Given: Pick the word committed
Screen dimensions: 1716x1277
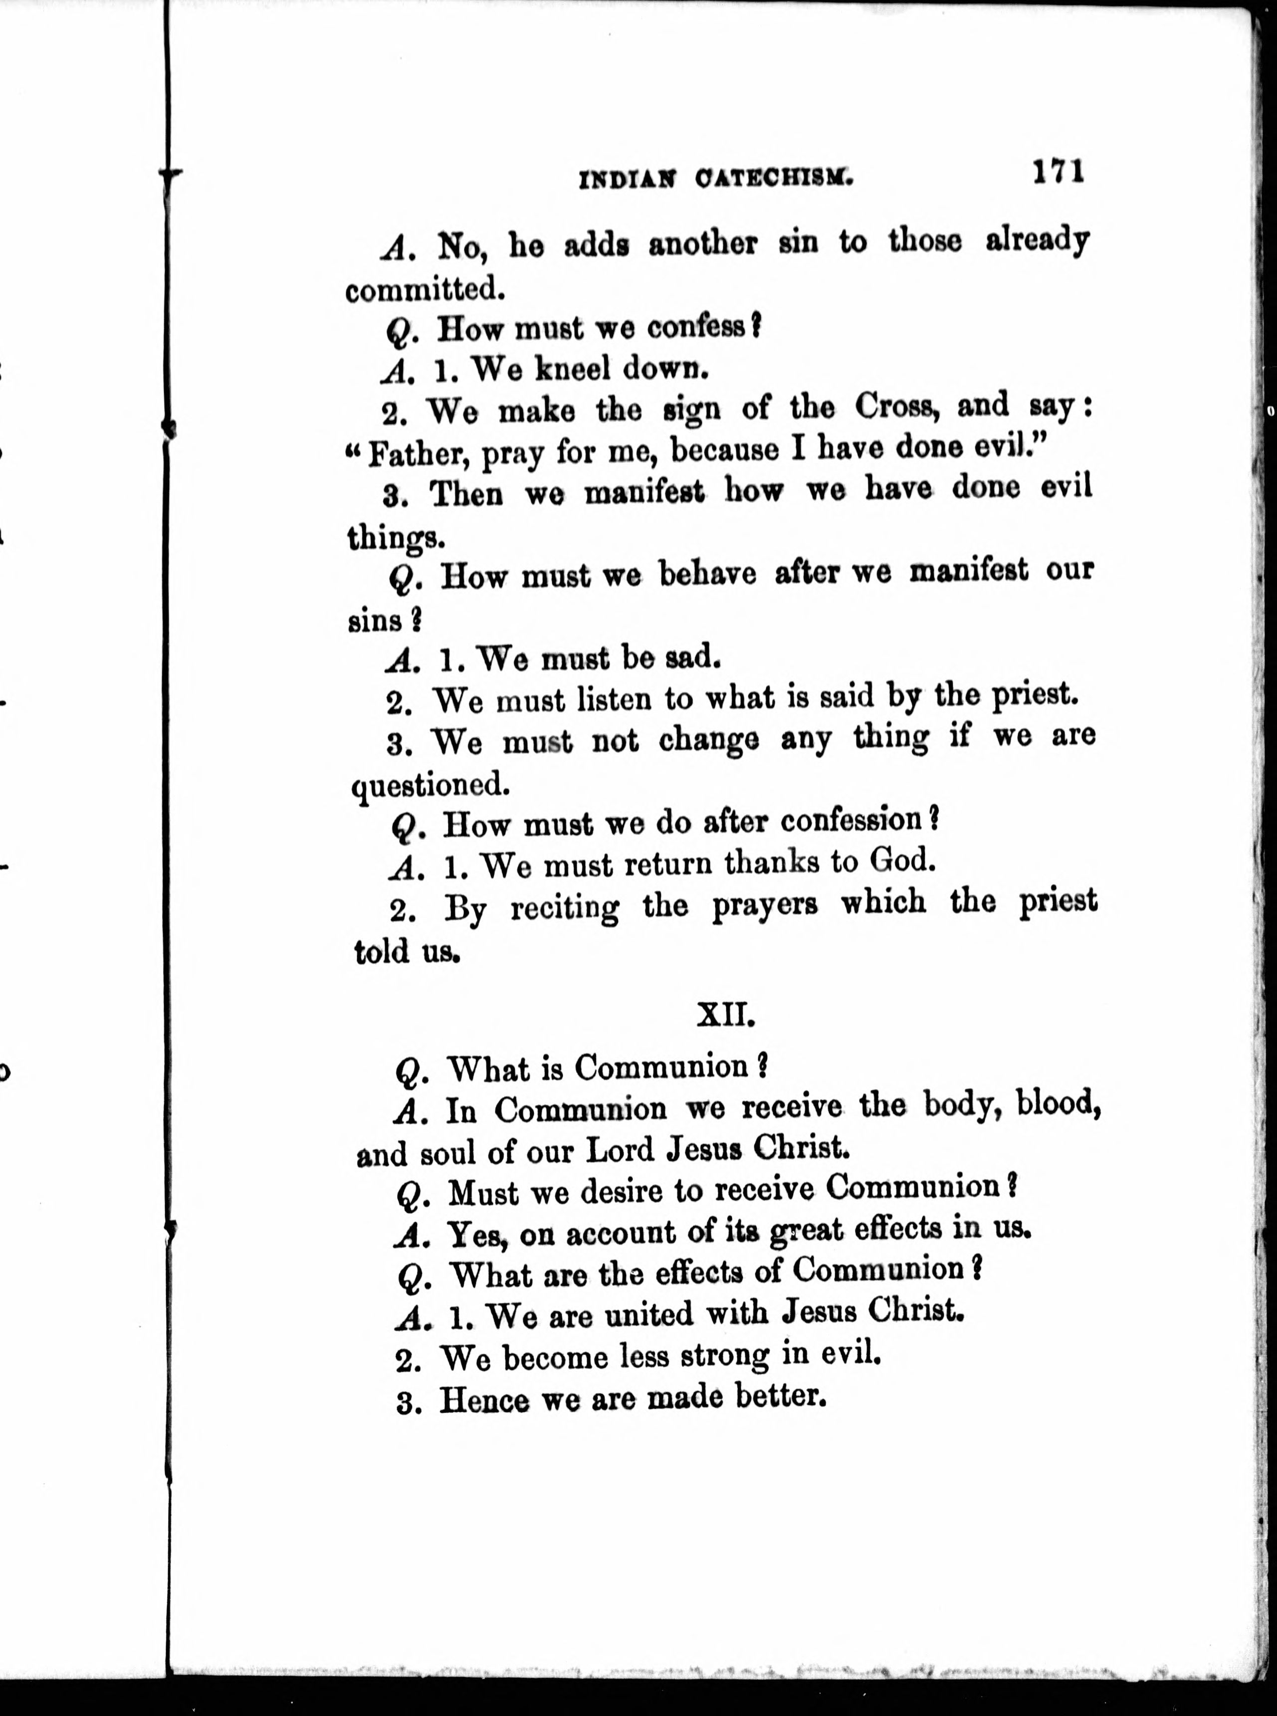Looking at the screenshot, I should tap(425, 291).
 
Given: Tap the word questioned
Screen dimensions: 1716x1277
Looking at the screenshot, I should tap(430, 787).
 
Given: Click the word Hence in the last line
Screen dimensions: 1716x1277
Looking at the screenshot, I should tap(484, 1401).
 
